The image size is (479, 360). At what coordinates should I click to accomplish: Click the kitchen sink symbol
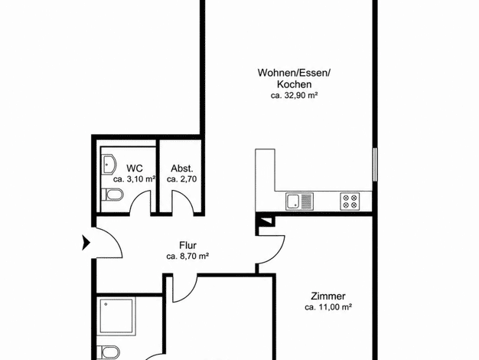299,201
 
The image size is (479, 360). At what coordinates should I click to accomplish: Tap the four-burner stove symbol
350,201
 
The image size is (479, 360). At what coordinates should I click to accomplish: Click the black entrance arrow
86,243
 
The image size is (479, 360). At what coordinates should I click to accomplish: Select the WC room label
135,169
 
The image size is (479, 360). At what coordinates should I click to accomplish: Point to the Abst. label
182,169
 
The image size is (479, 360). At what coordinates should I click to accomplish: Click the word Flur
187,245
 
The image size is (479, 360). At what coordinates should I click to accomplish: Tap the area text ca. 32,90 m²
294,96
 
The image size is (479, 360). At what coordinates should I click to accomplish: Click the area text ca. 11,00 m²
328,307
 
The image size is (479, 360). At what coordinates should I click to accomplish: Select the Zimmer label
328,296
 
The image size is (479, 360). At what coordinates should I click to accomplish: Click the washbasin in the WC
109,164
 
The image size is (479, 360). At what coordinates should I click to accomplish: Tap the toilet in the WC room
112,195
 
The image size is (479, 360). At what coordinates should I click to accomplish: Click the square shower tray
116,317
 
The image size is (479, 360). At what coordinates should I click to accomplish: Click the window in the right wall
375,164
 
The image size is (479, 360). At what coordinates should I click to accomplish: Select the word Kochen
294,84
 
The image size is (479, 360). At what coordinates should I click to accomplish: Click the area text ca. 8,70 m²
187,257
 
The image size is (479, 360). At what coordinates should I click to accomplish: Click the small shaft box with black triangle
266,221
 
